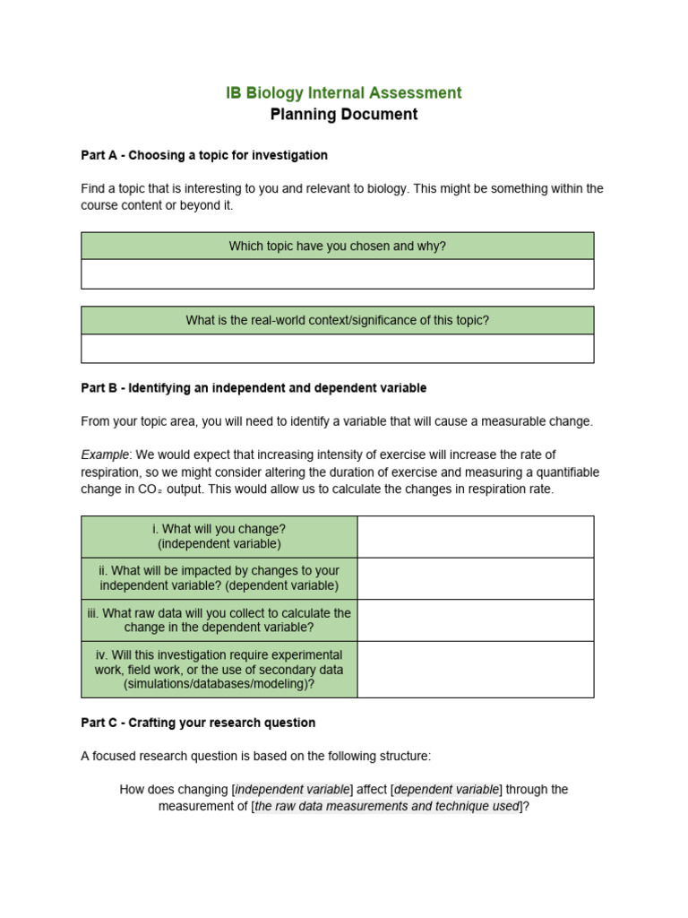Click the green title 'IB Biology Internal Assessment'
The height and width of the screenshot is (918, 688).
click(344, 92)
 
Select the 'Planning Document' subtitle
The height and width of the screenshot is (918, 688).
click(344, 115)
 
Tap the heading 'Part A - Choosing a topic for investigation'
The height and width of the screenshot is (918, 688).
click(204, 155)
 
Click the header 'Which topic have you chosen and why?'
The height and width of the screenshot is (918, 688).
click(337, 246)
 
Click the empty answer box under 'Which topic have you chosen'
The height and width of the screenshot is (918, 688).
click(337, 274)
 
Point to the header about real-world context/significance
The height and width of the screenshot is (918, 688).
click(337, 320)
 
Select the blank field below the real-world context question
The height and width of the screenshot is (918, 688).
click(337, 349)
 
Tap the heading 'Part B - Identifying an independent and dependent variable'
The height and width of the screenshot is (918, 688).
click(254, 388)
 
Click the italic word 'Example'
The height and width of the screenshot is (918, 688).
click(105, 455)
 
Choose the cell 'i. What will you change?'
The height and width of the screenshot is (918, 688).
click(219, 536)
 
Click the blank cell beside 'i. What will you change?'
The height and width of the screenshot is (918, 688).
click(475, 536)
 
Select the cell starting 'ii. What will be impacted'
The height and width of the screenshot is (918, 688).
click(219, 578)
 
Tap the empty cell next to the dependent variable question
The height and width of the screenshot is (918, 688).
click(475, 578)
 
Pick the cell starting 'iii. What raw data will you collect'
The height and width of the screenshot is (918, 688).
click(219, 619)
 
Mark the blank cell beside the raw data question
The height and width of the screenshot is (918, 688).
click(475, 619)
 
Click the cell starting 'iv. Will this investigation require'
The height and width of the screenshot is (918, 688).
click(219, 669)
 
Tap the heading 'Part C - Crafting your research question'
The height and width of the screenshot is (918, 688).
click(198, 723)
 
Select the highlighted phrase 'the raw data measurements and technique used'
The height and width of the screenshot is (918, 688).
click(387, 806)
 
